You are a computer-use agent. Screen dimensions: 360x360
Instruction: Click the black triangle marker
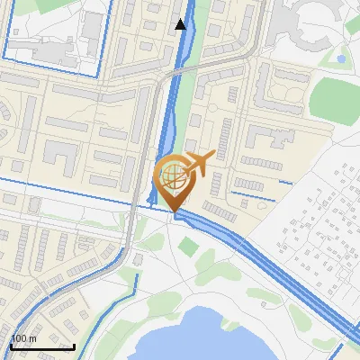(x=181, y=24)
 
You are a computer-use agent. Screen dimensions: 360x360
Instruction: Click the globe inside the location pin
(x=173, y=175)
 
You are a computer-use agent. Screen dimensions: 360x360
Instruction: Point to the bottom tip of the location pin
(x=173, y=212)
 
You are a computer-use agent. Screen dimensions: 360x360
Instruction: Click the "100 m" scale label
(x=23, y=338)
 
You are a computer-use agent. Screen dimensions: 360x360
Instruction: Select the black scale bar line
(x=42, y=346)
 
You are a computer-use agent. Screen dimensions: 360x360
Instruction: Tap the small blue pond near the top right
(x=341, y=59)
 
